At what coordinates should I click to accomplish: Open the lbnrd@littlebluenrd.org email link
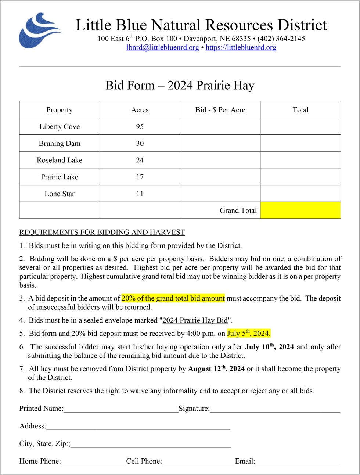pos(162,47)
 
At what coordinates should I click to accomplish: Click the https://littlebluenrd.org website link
pos(241,47)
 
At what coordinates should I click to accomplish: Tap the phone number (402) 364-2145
pos(281,39)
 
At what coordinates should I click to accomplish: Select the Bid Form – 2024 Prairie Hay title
pos(180,85)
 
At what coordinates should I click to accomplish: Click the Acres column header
pos(140,110)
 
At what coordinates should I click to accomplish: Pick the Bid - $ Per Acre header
pos(220,110)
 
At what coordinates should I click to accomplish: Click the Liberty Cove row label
pos(60,126)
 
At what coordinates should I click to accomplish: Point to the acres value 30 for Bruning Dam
pos(140,143)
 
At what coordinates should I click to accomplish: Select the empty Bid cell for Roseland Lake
pos(220,160)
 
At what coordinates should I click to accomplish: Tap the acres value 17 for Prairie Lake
pos(140,177)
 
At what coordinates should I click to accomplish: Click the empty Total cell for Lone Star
pos(300,194)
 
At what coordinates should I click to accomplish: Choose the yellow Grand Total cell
pos(300,210)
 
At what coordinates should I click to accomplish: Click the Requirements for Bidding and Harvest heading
pos(102,232)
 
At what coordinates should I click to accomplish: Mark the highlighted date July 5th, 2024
pos(249,333)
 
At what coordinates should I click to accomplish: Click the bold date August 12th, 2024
pos(216,368)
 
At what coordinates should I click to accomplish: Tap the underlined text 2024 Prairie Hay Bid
pos(195,320)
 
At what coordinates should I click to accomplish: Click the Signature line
pos(275,409)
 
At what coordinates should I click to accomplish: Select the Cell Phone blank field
pos(198,462)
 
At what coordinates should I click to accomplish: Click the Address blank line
pos(138,427)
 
